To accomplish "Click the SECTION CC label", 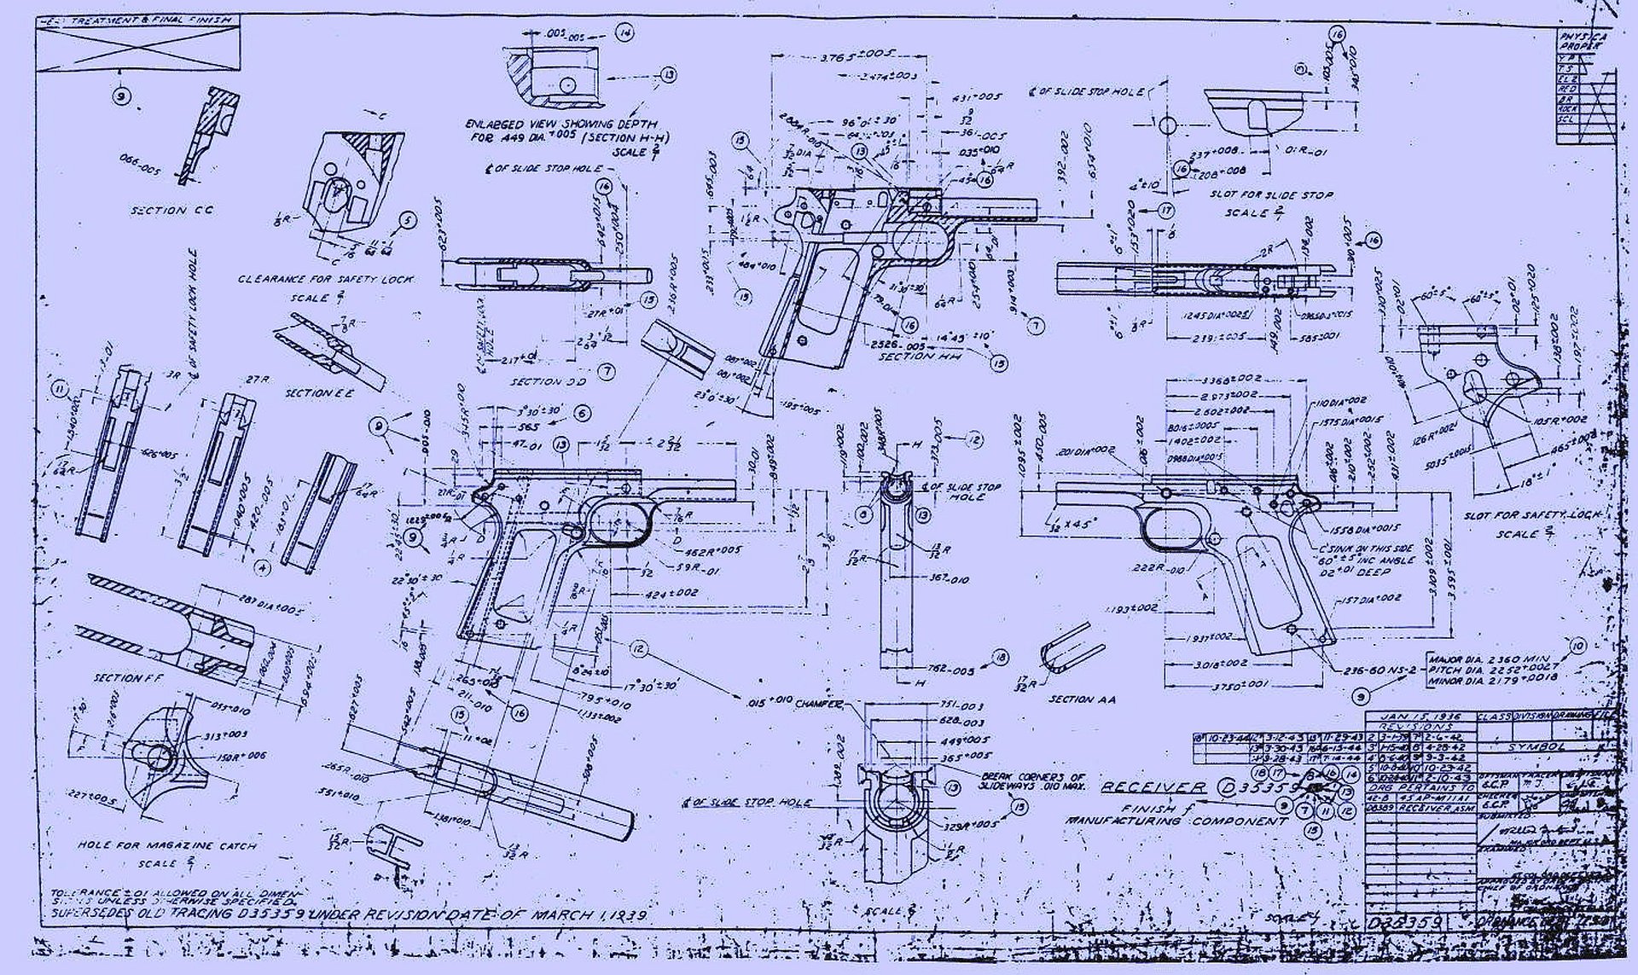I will coord(171,210).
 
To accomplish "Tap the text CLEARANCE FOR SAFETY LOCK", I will coord(325,279).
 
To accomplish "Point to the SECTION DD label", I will coord(548,381).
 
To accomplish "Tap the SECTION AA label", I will coord(1083,699).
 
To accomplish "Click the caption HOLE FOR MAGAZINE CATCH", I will coord(166,845).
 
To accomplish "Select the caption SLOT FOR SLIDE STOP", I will coord(1271,195).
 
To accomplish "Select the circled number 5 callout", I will coord(409,220).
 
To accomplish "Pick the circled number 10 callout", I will coord(1577,647).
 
